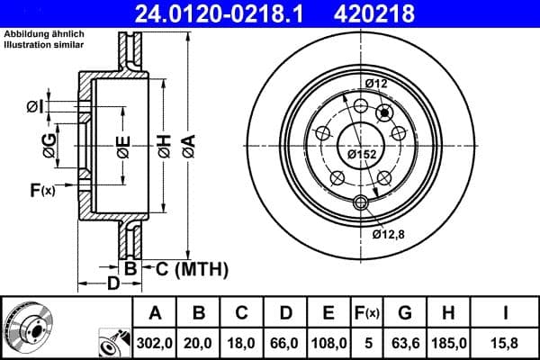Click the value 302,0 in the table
coord(155,342)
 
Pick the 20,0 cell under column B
coord(199,342)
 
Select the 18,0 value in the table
coord(242,342)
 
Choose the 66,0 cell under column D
coord(285,342)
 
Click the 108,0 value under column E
coord(329,342)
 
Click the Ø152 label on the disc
coord(362,154)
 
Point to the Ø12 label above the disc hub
coord(375,84)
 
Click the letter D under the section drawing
coord(112,284)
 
